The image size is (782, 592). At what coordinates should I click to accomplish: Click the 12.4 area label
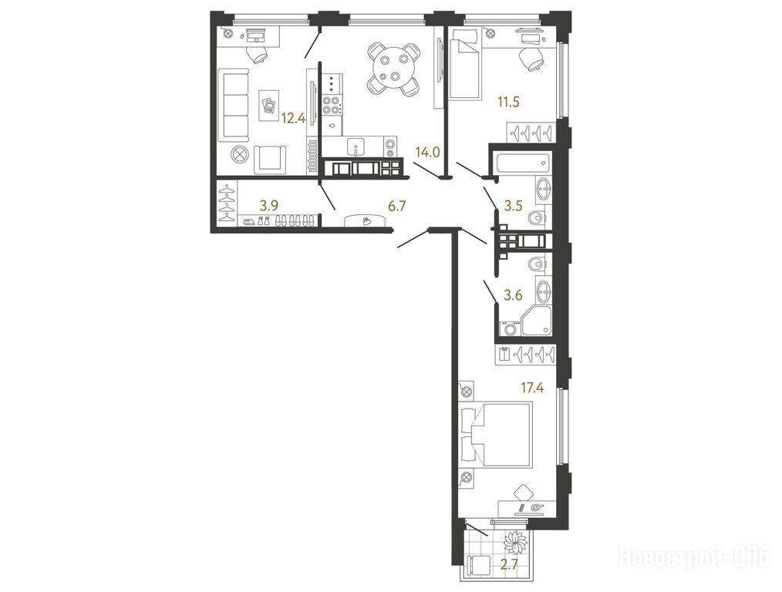293,118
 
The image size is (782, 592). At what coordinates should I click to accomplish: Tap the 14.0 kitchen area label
427,152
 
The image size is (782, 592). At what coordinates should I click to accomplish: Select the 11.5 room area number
508,103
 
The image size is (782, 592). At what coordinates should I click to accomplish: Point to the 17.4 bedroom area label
532,387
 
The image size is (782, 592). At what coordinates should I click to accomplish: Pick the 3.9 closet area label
271,205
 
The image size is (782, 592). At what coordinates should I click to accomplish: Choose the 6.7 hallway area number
396,205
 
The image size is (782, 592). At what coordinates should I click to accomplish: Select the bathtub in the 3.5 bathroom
523,163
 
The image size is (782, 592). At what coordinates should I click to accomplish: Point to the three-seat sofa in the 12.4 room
234,105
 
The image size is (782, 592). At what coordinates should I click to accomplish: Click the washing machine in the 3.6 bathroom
509,329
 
